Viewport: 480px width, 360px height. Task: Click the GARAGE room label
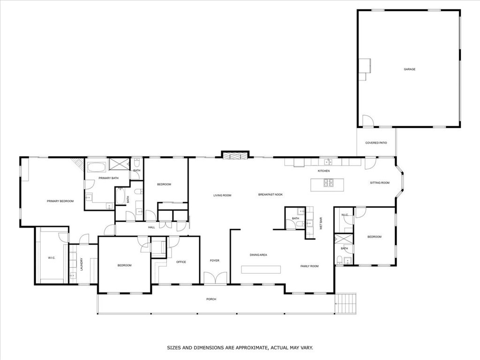(x=409, y=69)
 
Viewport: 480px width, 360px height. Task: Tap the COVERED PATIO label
(x=376, y=142)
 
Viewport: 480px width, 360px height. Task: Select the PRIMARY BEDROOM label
(x=60, y=201)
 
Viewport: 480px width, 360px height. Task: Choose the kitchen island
(x=328, y=184)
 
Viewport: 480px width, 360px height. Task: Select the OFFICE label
(x=181, y=262)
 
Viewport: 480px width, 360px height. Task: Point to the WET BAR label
(x=321, y=223)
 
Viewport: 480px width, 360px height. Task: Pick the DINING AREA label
(x=258, y=255)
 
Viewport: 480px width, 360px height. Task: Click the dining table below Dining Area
(x=261, y=270)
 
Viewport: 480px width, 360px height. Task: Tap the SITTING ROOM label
(x=380, y=183)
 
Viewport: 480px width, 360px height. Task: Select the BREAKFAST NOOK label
(x=270, y=195)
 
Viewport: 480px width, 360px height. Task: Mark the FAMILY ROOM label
(x=309, y=266)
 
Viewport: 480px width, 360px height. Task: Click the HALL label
(x=151, y=227)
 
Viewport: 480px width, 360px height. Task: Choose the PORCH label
(x=211, y=299)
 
